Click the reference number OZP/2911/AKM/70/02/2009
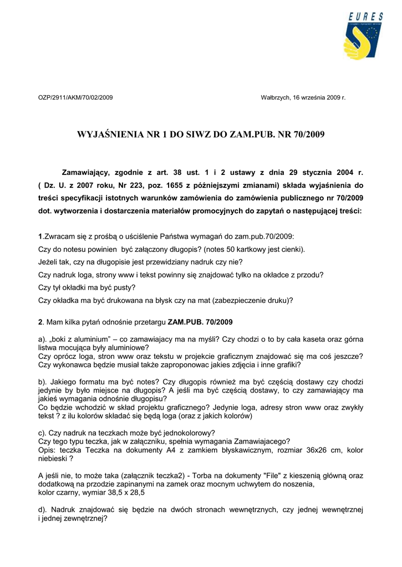(75, 97)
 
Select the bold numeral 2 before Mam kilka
(40, 322)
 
